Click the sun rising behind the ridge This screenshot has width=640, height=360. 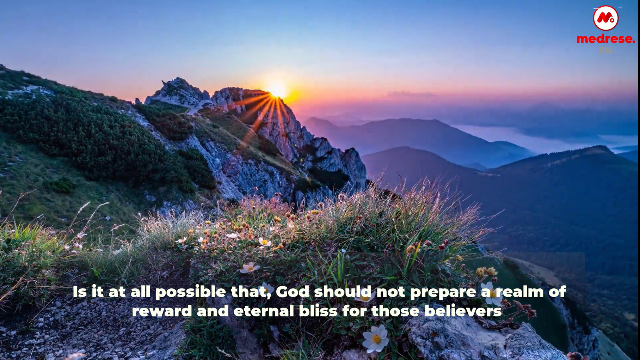pos(277,90)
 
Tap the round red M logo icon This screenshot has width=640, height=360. pos(605,18)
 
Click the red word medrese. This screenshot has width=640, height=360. pos(605,39)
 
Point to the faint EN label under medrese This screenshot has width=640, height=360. pos(606,50)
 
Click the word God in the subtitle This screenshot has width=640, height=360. pos(292,292)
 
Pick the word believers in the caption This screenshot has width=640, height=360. pos(463,311)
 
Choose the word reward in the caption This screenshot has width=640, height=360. pos(162,311)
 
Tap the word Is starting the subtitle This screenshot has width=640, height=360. pos(80,292)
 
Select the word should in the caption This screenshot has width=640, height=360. pos(343,292)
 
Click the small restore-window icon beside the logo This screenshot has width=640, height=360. pos(620,9)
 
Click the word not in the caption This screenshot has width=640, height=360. pos(391,292)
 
